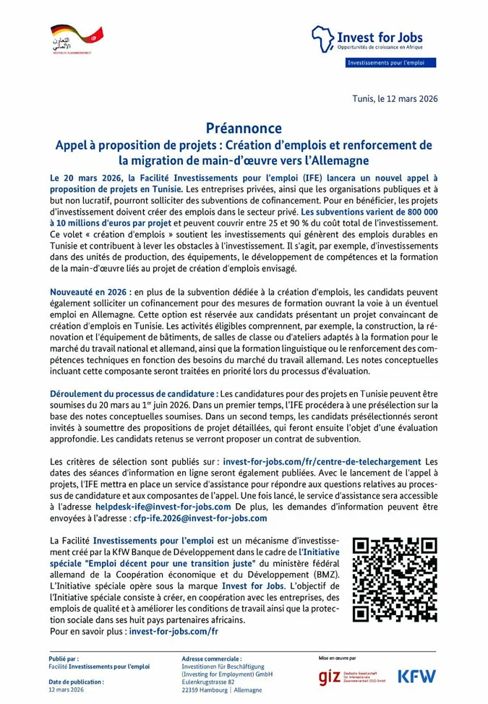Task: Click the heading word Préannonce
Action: pyautogui.click(x=244, y=129)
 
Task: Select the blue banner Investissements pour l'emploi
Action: pyautogui.click(x=390, y=63)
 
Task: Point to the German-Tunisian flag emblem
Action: pyautogui.click(x=77, y=34)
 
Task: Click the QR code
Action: pyautogui.click(x=395, y=580)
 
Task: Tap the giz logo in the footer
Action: pyautogui.click(x=351, y=677)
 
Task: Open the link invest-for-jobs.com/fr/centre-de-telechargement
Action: pyautogui.click(x=322, y=461)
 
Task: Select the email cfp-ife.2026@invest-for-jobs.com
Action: pyautogui.click(x=200, y=518)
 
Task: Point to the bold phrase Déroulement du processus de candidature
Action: pyautogui.click(x=134, y=393)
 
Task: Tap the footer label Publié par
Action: pyautogui.click(x=64, y=659)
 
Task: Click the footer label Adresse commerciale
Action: pyautogui.click(x=212, y=659)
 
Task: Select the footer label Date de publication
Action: pyautogui.click(x=76, y=682)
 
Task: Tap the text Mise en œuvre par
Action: pyautogui.click(x=337, y=658)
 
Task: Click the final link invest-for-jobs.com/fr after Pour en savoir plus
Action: pyautogui.click(x=174, y=631)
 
